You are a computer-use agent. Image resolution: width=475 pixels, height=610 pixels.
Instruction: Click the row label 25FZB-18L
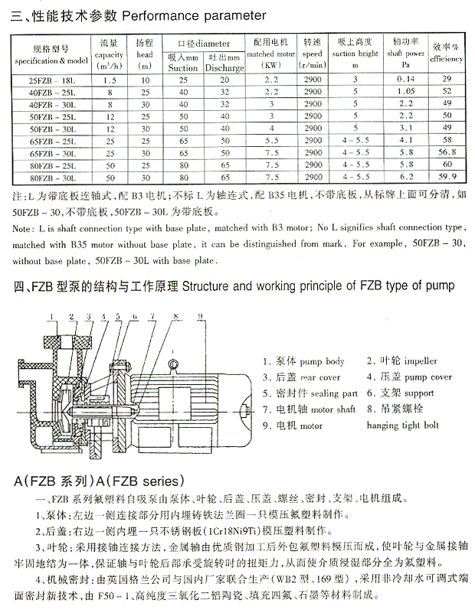[49, 79]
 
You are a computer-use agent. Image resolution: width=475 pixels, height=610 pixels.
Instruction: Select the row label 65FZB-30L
[49, 152]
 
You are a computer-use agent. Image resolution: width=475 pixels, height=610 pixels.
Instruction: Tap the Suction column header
[183, 67]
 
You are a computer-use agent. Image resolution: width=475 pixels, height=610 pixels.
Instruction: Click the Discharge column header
[223, 67]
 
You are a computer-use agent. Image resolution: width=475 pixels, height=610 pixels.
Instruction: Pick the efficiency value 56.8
[449, 152]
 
